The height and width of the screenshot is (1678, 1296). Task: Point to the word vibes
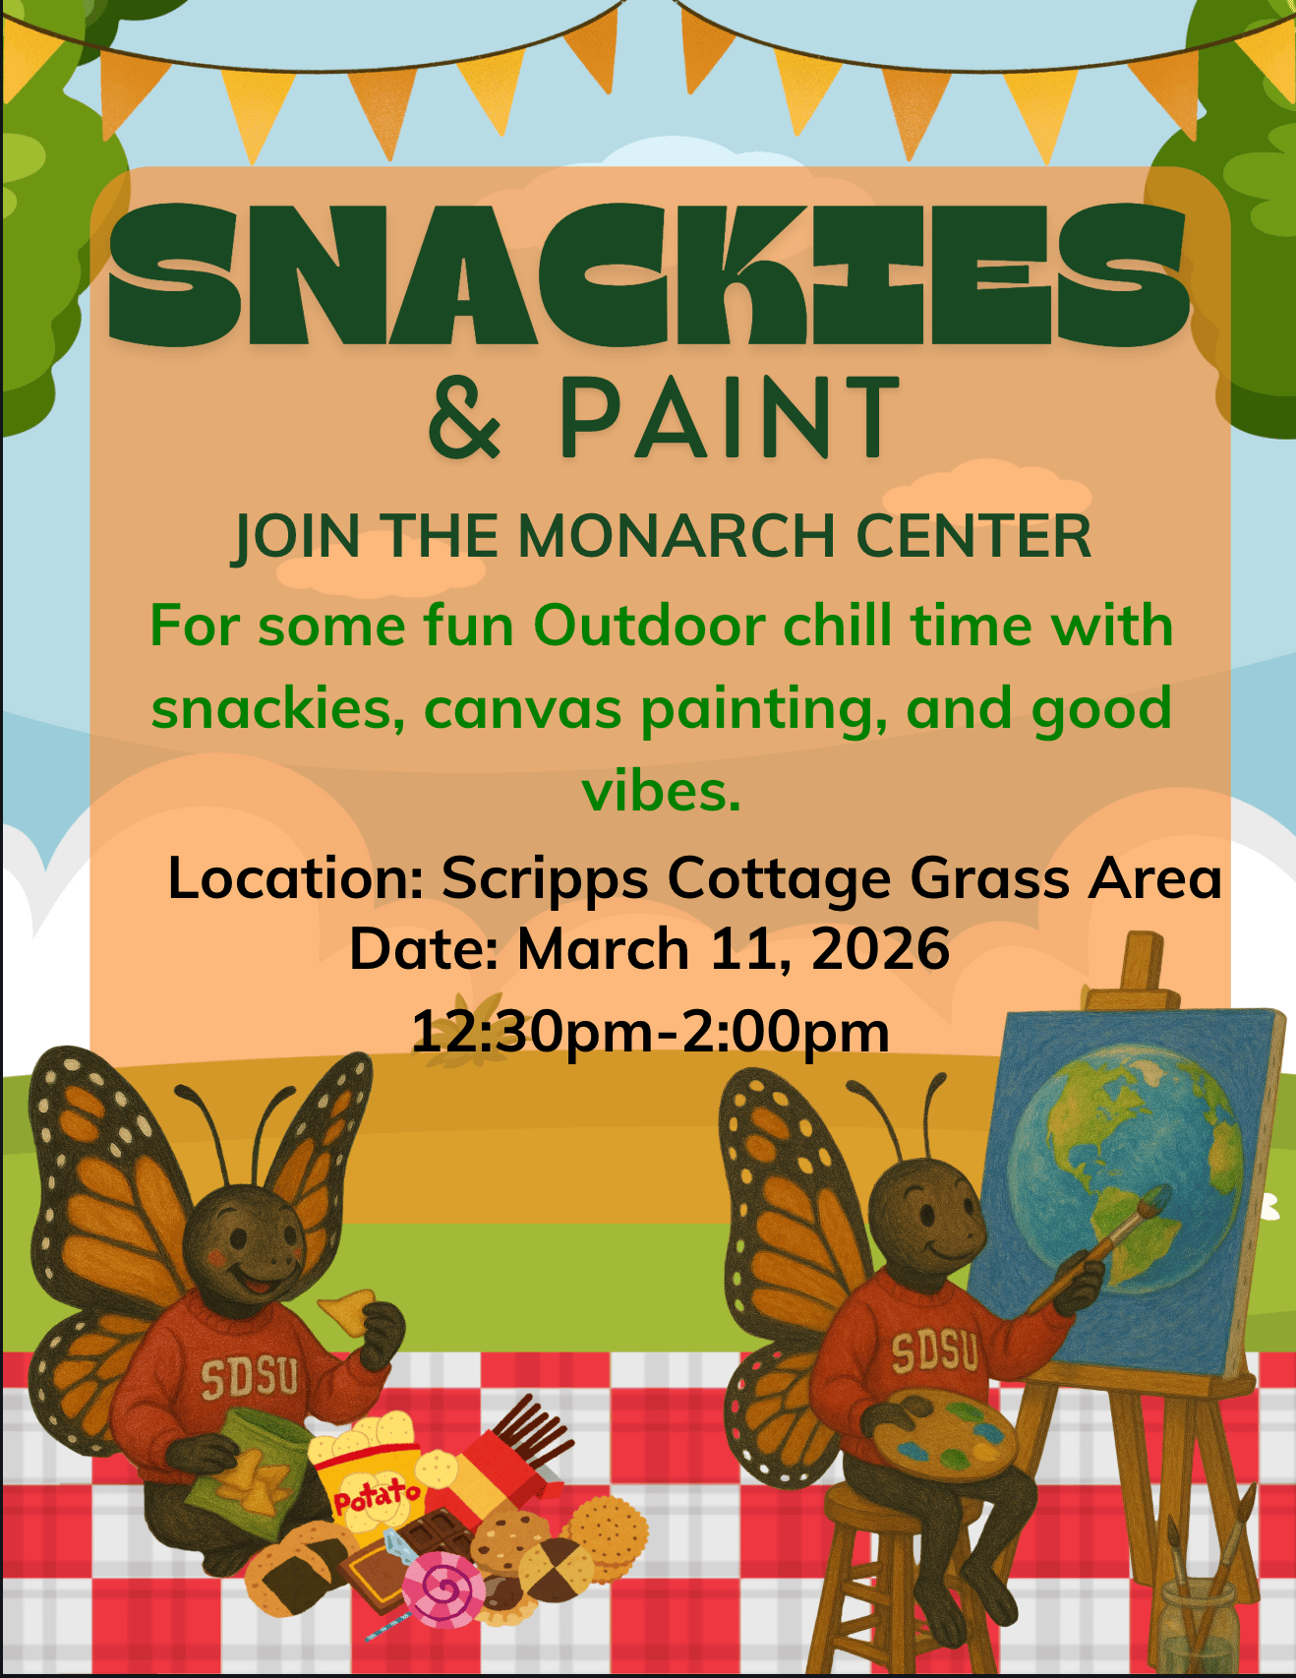(662, 791)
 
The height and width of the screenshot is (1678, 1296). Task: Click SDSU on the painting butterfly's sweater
(935, 1353)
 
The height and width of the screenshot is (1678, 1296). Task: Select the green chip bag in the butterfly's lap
(246, 1466)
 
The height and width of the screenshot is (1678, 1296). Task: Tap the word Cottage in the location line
(779, 878)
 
